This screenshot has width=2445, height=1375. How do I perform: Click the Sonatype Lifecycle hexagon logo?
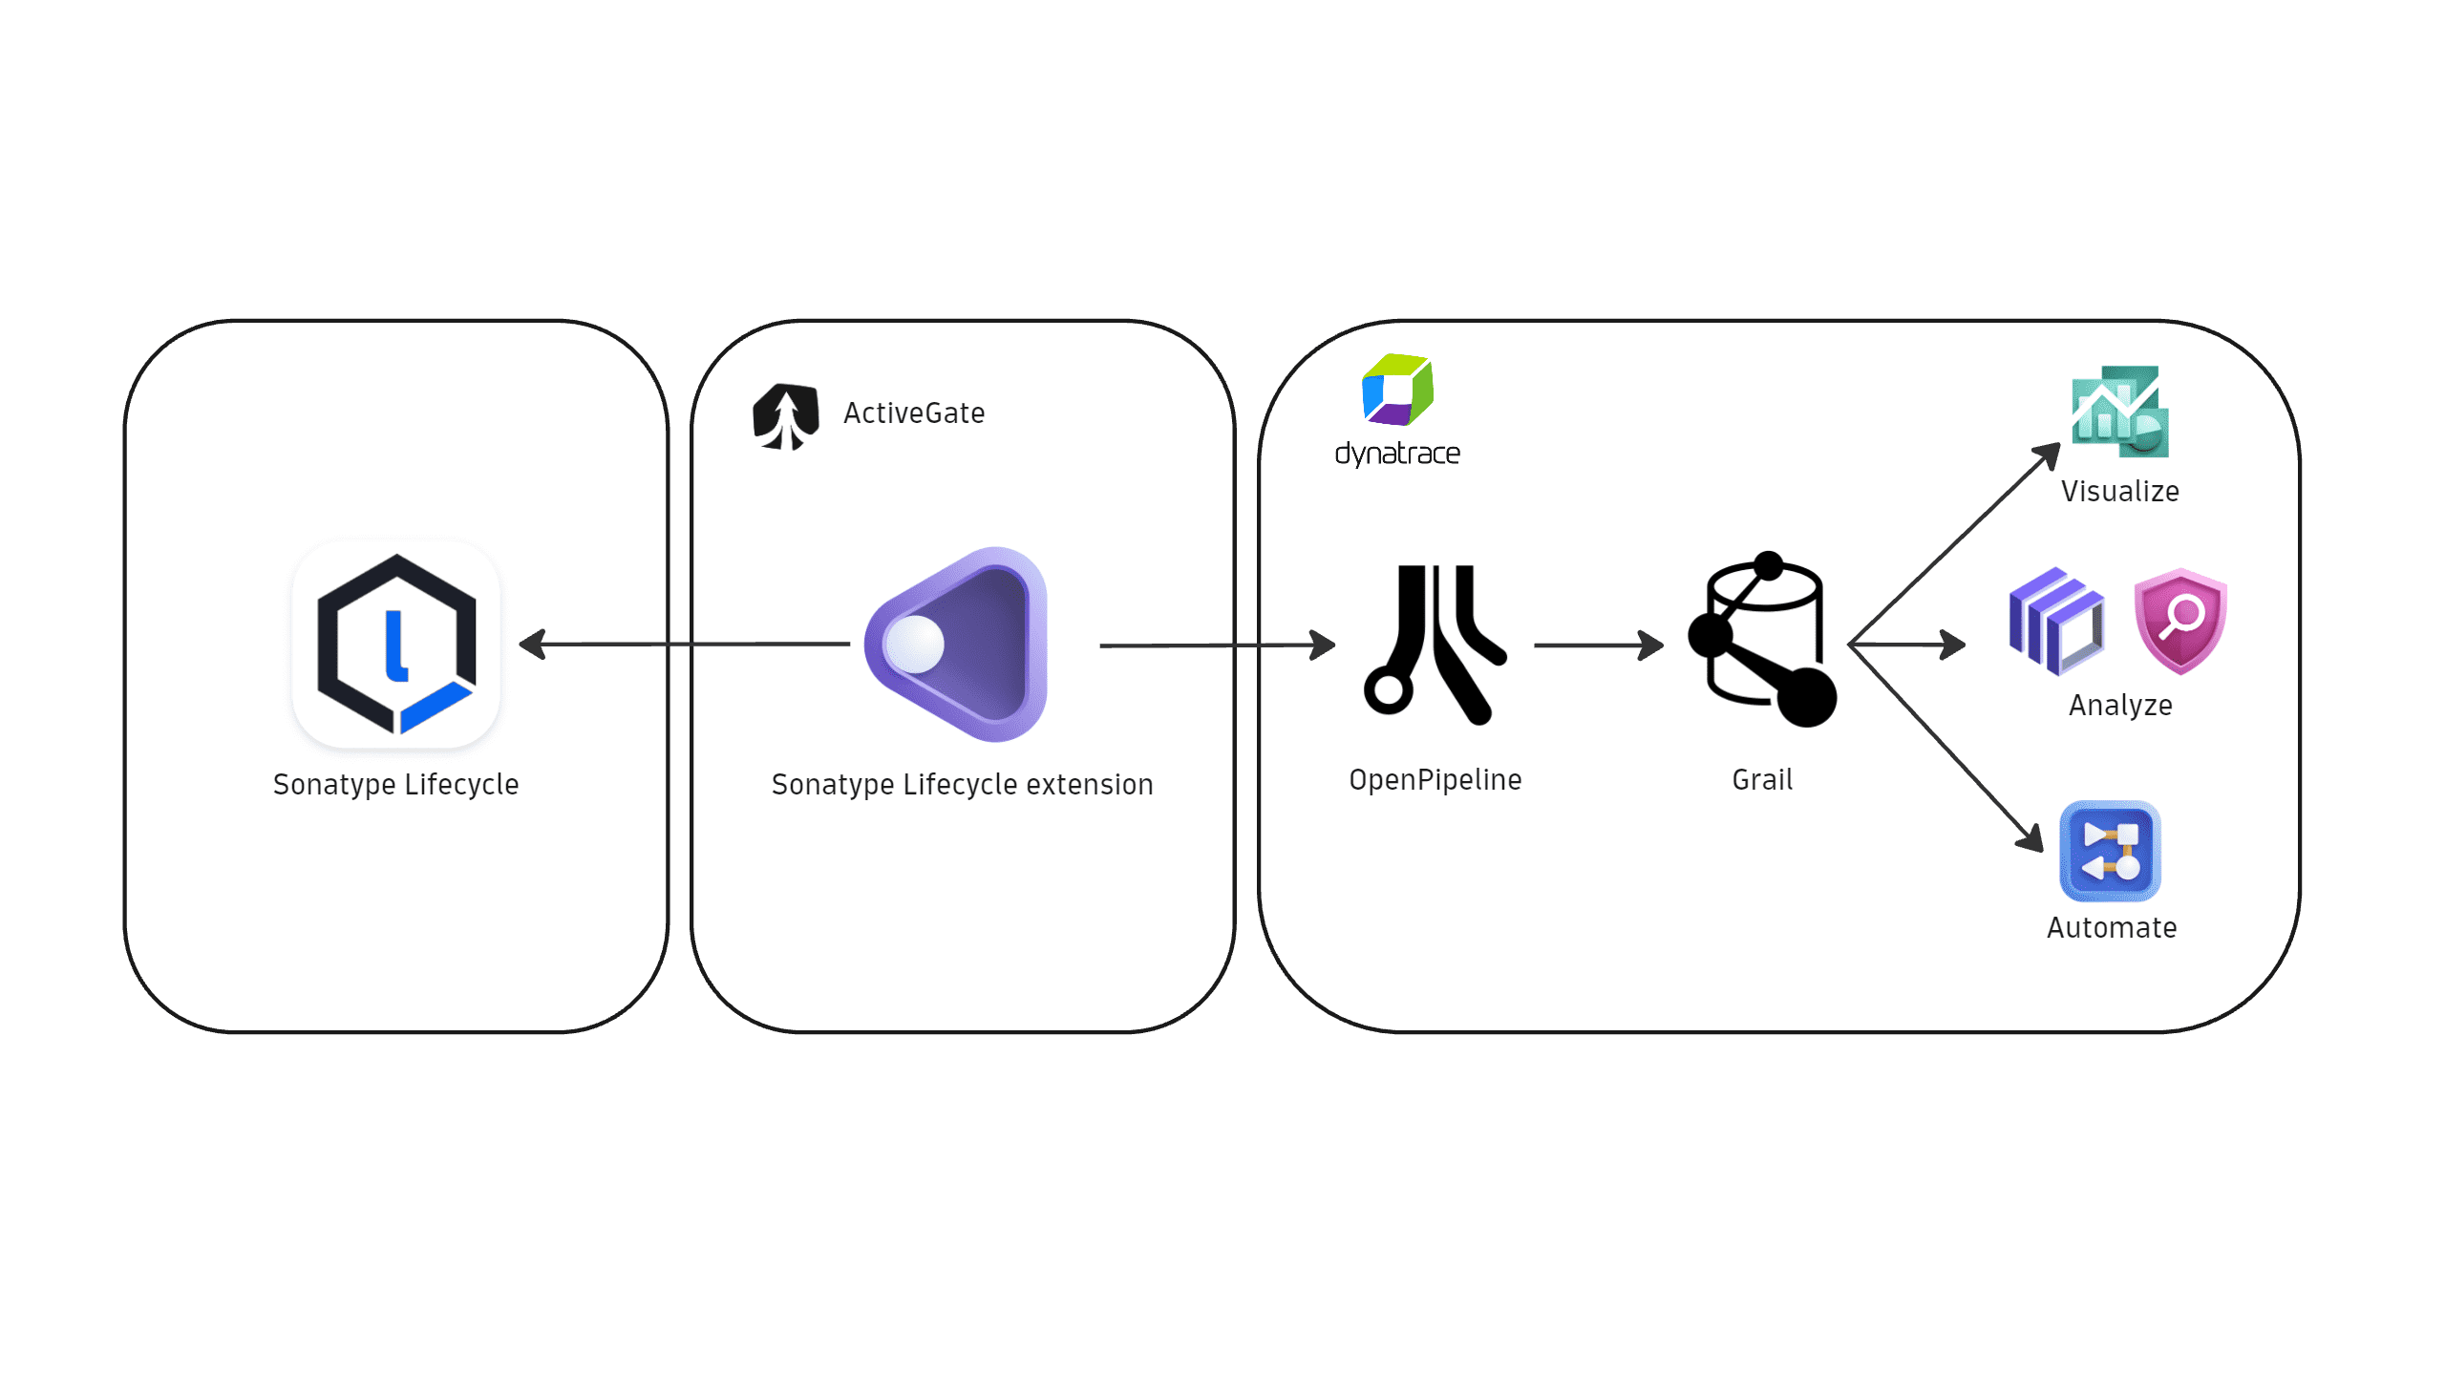point(396,644)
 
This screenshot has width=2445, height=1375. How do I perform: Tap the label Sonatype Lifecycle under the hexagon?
point(395,784)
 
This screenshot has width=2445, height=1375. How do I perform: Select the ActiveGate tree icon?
point(786,416)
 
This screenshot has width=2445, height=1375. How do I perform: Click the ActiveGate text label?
point(914,413)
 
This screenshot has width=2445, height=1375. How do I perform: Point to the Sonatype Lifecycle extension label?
point(962,784)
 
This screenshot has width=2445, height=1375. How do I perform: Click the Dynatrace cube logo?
point(1397,390)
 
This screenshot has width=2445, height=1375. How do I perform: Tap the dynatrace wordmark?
point(1397,454)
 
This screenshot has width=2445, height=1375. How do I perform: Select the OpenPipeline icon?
point(1435,645)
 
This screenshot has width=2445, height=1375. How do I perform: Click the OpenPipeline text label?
point(1435,780)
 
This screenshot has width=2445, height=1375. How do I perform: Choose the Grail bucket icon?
point(1763,640)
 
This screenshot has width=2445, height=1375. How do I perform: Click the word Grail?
point(1762,780)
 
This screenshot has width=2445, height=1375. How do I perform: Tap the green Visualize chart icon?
point(2119,412)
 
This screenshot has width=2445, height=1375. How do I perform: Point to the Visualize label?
point(2119,492)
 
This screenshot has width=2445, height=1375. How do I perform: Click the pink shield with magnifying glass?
point(2180,621)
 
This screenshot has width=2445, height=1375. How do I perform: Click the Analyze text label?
point(2120,706)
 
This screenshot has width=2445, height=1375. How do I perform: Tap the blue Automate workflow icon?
point(2110,851)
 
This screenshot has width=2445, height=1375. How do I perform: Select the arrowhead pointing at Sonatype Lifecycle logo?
point(532,645)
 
